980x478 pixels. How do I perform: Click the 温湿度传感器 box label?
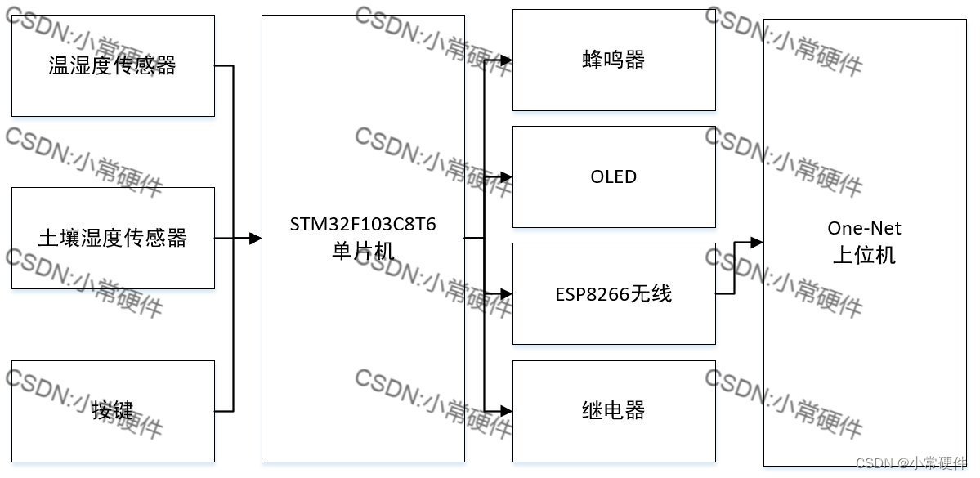pos(113,65)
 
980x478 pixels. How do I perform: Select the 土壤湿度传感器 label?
pos(113,238)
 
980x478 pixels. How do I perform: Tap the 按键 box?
pos(113,410)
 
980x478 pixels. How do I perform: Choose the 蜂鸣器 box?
pos(614,60)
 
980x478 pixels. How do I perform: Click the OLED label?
pos(614,176)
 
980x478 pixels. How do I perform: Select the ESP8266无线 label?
pos(614,293)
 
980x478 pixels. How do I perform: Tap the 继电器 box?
pos(614,410)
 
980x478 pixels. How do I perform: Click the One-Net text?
pos(864,228)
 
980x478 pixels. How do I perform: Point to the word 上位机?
pos(864,255)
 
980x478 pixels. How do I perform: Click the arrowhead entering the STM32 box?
pos(255,239)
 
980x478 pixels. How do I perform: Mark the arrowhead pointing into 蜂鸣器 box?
pos(507,60)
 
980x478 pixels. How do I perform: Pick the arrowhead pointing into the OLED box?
pos(507,176)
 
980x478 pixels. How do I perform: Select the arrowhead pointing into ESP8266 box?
pos(507,293)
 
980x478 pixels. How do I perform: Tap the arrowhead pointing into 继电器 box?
pos(507,410)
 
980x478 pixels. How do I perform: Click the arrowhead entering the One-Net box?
pos(757,243)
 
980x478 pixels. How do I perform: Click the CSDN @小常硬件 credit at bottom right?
pos(911,463)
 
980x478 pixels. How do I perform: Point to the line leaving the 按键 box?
pos(224,410)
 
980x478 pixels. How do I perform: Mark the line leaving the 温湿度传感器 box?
pos(224,65)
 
